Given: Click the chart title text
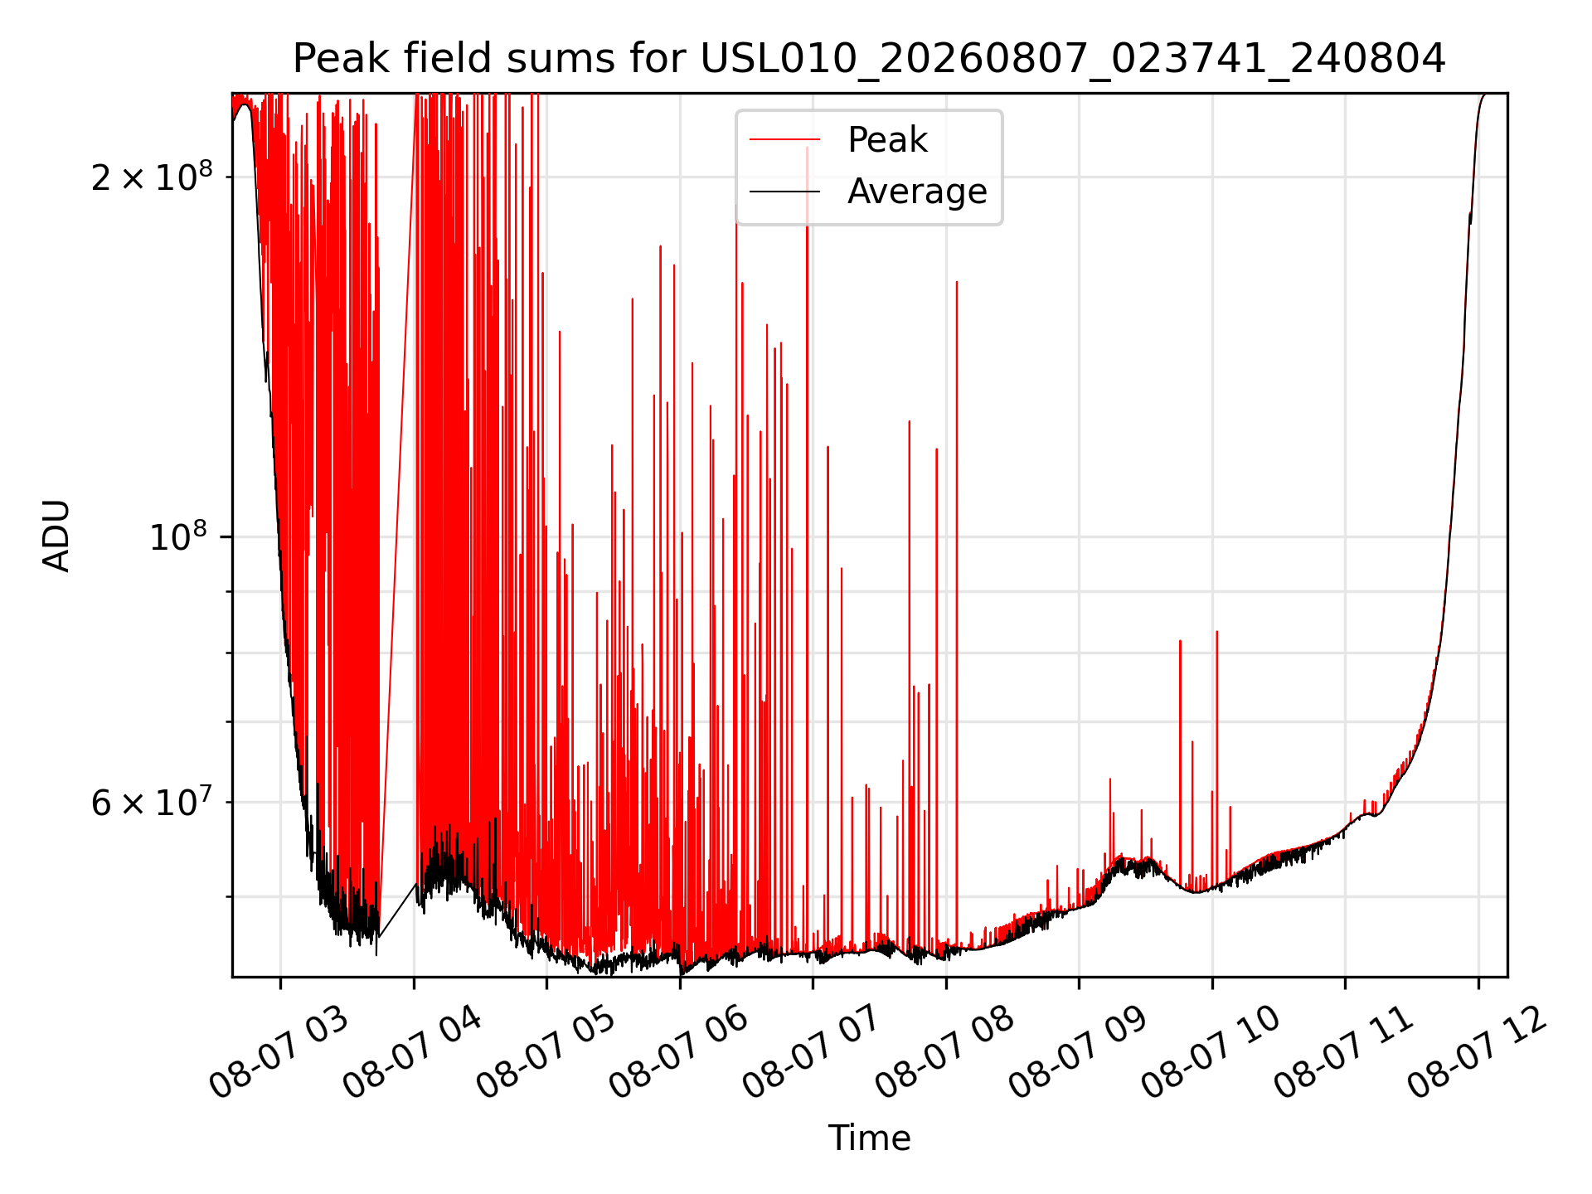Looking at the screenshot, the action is [x=869, y=59].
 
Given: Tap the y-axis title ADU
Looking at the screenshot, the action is [x=56, y=535].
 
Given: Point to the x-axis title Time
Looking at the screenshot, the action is [x=869, y=1138].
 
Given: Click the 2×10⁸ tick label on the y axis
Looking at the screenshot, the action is [x=152, y=177].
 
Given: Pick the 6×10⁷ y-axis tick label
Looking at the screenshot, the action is [x=152, y=802].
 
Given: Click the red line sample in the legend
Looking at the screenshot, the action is [x=784, y=140].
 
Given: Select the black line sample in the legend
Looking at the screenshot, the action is [x=784, y=192].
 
